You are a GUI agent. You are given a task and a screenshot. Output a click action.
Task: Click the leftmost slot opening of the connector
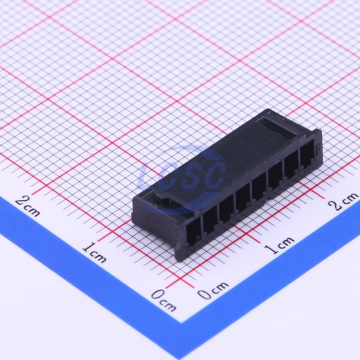193,231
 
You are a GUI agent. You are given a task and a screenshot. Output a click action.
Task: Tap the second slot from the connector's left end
210,220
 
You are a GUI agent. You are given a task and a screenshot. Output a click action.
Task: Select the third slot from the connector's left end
226,209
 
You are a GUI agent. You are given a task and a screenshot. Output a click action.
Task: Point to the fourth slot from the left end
243,200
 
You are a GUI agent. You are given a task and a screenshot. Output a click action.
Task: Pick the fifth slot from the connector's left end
259,190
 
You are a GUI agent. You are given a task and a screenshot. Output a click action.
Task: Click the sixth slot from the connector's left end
276,180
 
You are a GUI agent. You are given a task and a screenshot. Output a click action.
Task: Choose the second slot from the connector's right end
291,170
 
